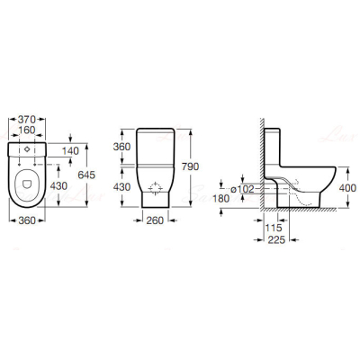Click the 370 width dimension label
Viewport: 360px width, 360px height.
27,120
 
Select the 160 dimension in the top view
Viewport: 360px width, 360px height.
27,130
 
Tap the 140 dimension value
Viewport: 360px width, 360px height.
70,151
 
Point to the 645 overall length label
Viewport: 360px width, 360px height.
86,175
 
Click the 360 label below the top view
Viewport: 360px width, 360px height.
27,220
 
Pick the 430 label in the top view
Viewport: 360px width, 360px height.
58,186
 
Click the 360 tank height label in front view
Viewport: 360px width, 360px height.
121,147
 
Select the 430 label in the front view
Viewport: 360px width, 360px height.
121,187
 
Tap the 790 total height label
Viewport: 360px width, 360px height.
191,166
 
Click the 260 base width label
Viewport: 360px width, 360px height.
155,220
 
